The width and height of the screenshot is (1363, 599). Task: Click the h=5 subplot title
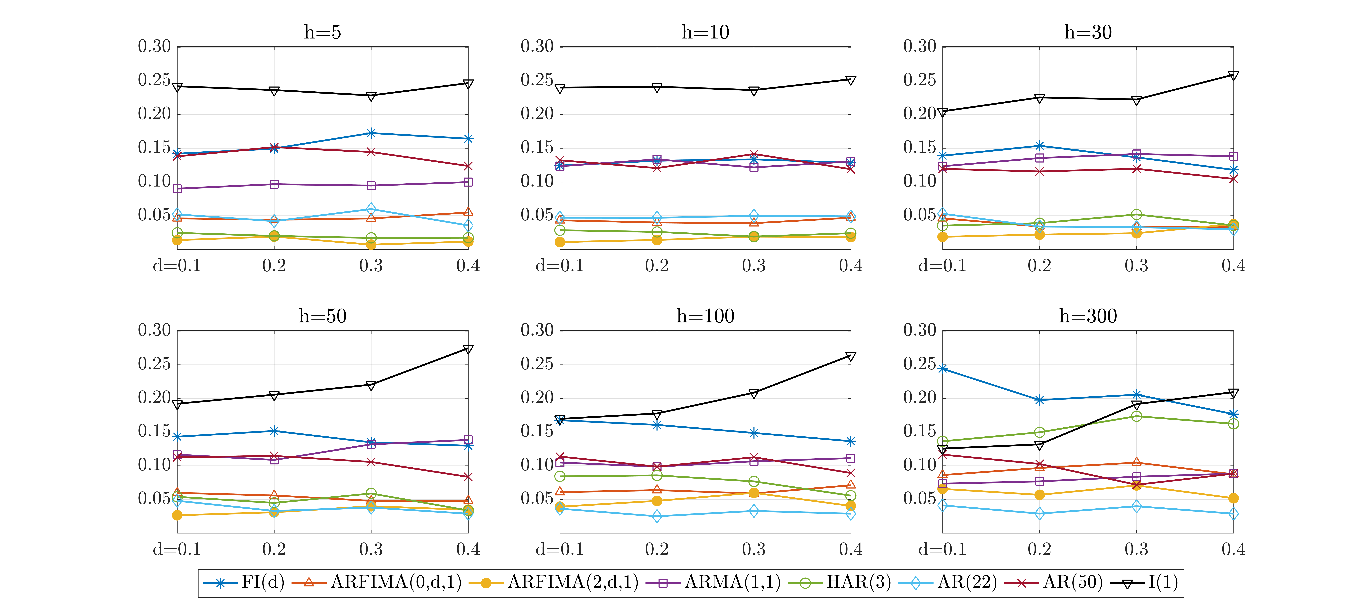(322, 32)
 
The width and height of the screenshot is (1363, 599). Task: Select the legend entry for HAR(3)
(839, 582)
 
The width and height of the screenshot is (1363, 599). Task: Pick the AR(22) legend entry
(948, 582)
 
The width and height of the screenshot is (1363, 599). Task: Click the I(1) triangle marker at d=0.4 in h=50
(468, 349)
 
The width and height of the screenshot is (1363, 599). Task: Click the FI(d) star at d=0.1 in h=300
(942, 369)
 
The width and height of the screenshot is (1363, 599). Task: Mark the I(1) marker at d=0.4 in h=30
(1233, 76)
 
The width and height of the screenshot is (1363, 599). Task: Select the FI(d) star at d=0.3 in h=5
(371, 133)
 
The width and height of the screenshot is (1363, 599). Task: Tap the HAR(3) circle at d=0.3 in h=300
(1136, 416)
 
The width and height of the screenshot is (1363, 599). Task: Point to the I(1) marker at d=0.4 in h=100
(850, 356)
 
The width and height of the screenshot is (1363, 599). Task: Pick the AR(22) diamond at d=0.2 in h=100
(657, 516)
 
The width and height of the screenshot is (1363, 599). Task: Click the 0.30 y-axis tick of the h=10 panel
(536, 47)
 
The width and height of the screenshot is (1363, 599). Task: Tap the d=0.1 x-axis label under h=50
(177, 549)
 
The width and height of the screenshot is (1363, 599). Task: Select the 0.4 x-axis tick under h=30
(1233, 265)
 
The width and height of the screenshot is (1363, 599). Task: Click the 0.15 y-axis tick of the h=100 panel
(536, 431)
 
